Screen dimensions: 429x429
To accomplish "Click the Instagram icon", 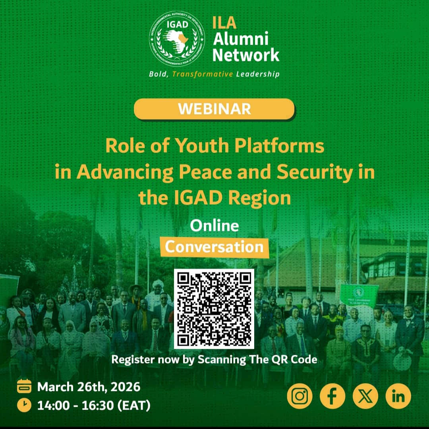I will pyautogui.click(x=300, y=396).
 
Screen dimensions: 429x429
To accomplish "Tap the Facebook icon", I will pyautogui.click(x=332, y=396).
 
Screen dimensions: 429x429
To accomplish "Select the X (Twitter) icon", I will pyautogui.click(x=365, y=396).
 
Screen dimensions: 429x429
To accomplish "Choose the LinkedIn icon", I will pyautogui.click(x=398, y=396).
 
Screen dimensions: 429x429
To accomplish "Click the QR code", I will pyautogui.click(x=214, y=309).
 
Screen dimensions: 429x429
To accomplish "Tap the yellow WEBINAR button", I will pyautogui.click(x=214, y=109).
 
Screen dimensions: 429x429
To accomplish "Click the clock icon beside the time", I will pyautogui.click(x=24, y=406).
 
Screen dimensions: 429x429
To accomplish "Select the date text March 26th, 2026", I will pyautogui.click(x=89, y=386).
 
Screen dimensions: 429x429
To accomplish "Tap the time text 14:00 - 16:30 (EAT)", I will pyautogui.click(x=94, y=406).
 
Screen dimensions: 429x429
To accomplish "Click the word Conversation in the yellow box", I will pyautogui.click(x=214, y=247).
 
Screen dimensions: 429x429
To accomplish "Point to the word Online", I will pyautogui.click(x=214, y=226).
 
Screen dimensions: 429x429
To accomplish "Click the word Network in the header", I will pyautogui.click(x=246, y=55).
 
